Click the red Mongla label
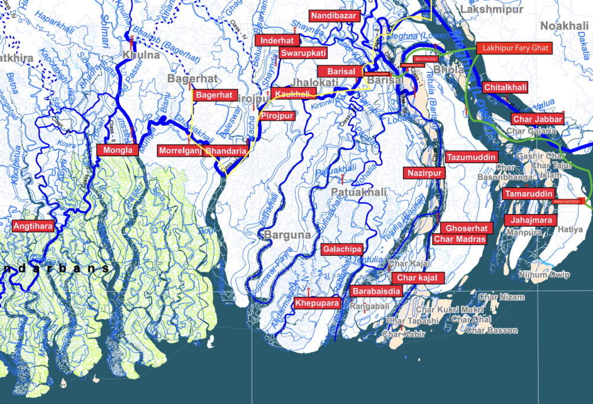(x=118, y=150)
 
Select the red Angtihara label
(x=32, y=226)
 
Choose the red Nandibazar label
(x=334, y=16)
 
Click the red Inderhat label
(x=280, y=40)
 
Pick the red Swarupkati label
(x=303, y=53)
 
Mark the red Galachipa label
(x=342, y=249)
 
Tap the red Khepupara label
(x=316, y=303)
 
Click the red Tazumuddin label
(x=471, y=157)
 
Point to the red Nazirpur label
(x=424, y=172)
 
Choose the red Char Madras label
(x=459, y=238)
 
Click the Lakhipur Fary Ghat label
(x=513, y=48)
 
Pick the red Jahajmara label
(x=530, y=220)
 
